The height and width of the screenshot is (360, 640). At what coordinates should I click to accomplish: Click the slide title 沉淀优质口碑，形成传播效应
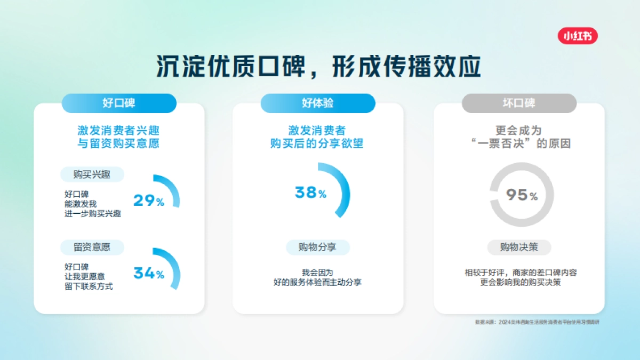319,67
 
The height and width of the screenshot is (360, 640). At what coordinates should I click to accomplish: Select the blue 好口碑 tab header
119,103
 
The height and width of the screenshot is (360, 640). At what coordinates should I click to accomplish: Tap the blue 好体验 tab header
318,103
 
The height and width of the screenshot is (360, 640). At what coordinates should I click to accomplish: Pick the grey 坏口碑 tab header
519,103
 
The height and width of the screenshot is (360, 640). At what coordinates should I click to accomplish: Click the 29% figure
148,201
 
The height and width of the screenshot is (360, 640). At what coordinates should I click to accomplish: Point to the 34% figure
148,274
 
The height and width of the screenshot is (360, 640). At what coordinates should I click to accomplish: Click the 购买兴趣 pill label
92,174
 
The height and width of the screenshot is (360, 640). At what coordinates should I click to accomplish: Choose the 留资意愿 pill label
92,247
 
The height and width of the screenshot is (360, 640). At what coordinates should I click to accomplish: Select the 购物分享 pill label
318,247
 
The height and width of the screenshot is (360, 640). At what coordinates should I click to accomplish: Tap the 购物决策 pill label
519,247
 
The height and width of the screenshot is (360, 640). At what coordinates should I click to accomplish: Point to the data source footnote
537,322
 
